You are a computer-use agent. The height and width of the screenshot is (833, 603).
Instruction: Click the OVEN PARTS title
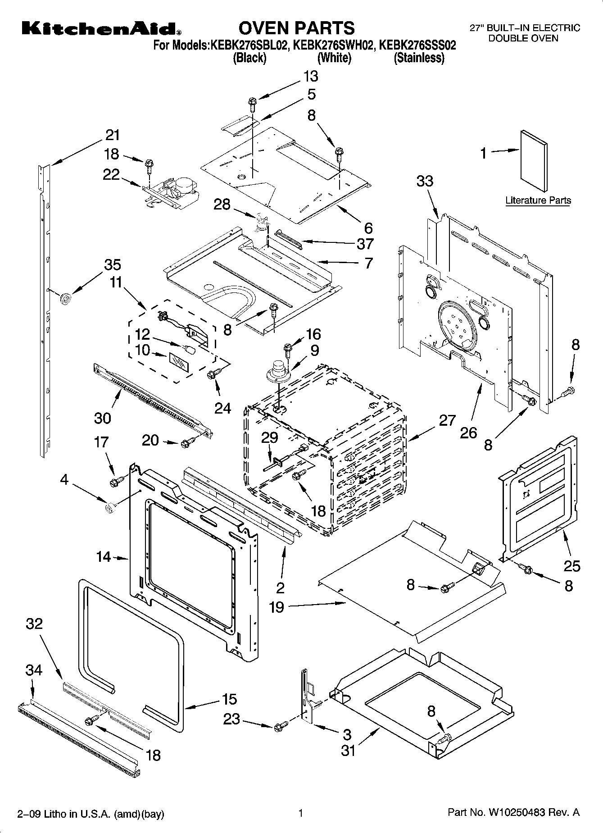[296, 28]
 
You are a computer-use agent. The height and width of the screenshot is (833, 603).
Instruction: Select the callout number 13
[310, 76]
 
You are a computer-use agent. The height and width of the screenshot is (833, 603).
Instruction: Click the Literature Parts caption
[538, 200]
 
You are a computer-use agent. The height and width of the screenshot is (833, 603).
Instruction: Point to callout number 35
[113, 264]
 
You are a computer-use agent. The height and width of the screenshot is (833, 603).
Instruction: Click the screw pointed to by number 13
[252, 104]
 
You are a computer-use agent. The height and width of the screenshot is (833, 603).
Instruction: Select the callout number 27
[447, 421]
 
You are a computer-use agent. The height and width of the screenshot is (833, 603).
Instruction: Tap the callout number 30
[103, 418]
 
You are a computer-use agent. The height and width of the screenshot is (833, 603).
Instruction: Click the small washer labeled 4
[109, 508]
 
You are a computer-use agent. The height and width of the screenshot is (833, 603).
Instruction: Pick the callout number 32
[34, 624]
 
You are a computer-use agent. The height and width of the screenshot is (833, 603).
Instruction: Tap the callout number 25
[572, 565]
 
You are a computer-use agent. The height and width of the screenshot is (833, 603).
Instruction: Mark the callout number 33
[425, 181]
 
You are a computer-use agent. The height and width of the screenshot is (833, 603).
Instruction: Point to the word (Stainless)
[419, 58]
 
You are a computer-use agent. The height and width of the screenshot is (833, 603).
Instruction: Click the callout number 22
[111, 174]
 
